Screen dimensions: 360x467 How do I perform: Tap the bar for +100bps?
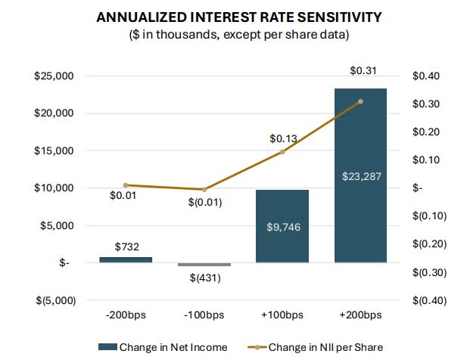click(282, 226)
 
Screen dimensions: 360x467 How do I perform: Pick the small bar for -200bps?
click(126, 259)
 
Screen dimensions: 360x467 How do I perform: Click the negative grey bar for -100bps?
click(204, 265)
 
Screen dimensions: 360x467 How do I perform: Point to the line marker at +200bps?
click(360, 101)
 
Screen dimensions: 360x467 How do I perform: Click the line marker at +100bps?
click(282, 152)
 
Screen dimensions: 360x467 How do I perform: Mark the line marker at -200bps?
click(126, 185)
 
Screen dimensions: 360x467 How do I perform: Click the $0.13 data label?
click(282, 138)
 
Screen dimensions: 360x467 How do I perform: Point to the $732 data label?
click(126, 247)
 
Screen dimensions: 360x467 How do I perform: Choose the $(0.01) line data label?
click(204, 203)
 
